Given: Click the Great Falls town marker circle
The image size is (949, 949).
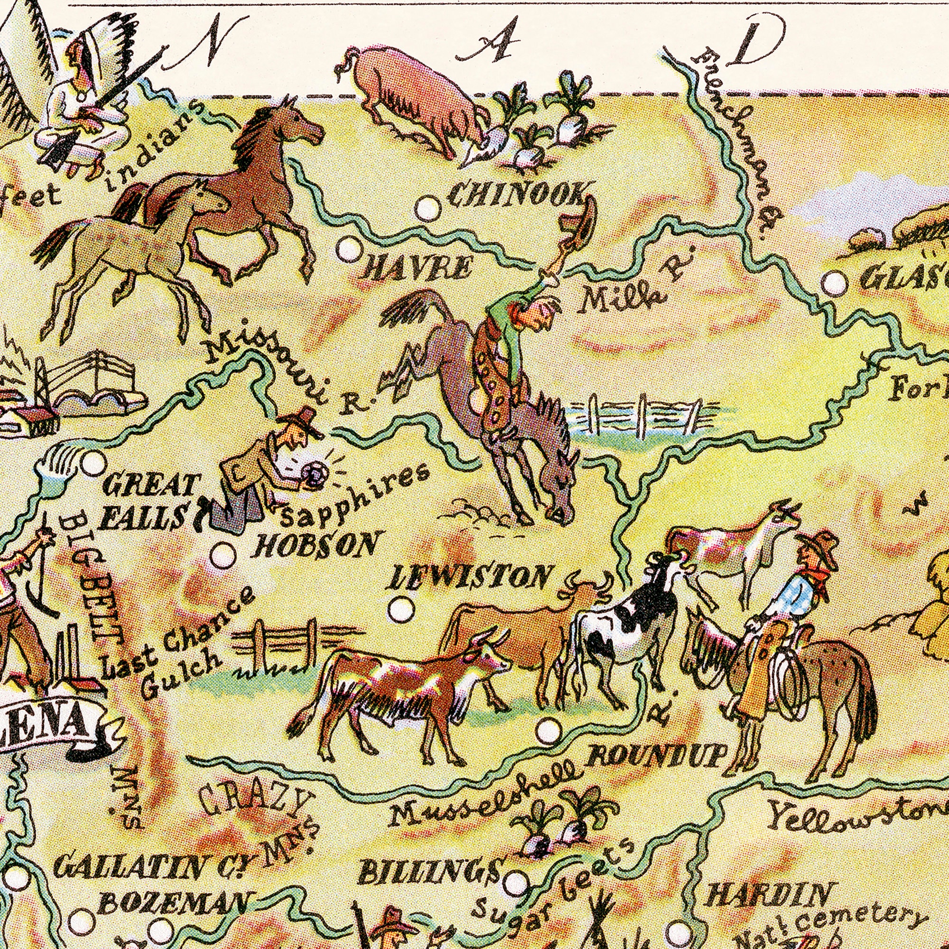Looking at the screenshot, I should (93, 463).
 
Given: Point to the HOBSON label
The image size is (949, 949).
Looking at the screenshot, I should (316, 545).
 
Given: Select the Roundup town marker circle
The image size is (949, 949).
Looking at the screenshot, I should (548, 731).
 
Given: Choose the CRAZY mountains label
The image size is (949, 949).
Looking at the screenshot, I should (255, 806).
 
